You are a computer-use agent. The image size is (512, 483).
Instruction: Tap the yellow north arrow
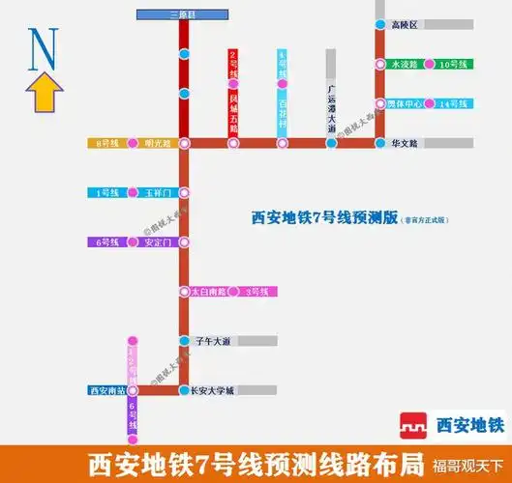pyautogui.click(x=45, y=94)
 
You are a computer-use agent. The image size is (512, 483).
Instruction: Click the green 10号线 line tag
pyautogui.click(x=452, y=65)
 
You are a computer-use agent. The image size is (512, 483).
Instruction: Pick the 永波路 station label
pyautogui.click(x=404, y=65)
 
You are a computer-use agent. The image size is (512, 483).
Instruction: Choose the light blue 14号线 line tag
pyautogui.click(x=453, y=103)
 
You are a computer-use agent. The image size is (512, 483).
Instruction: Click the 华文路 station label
pyautogui.click(x=405, y=143)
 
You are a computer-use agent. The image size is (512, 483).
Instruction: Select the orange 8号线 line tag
pyautogui.click(x=106, y=143)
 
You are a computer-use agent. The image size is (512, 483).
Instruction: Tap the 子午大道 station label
pyautogui.click(x=213, y=341)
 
